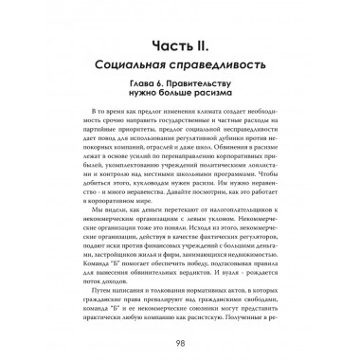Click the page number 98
tap(180, 341)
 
